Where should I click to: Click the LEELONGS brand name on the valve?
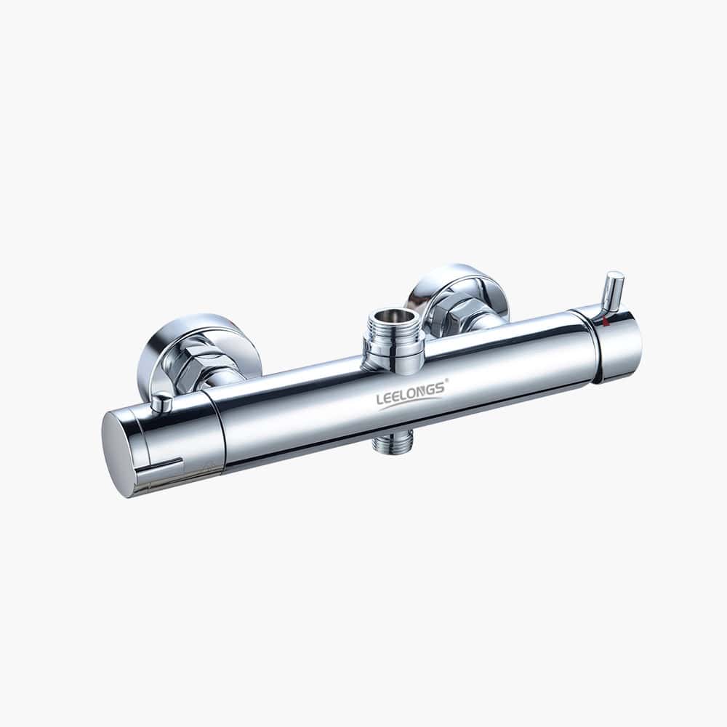(411, 392)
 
